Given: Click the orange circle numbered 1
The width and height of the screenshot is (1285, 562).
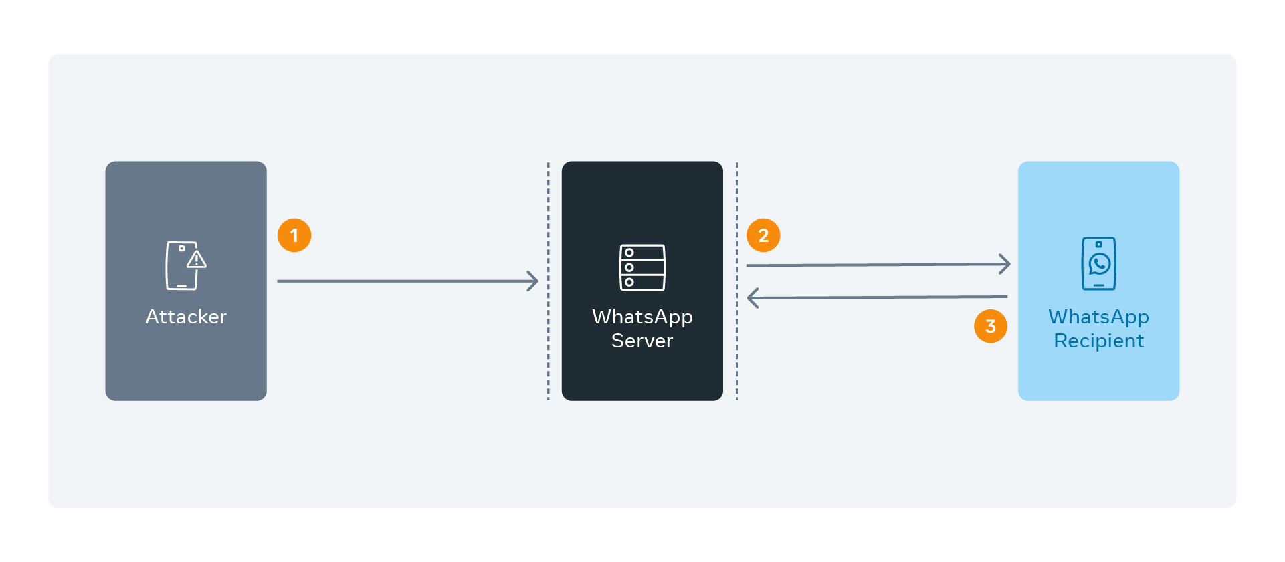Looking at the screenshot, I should (x=294, y=235).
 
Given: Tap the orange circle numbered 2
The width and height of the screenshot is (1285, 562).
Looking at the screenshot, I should (x=763, y=235).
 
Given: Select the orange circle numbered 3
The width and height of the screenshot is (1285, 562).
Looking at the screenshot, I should (x=991, y=326).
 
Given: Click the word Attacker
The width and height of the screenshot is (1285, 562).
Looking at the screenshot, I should (x=186, y=317).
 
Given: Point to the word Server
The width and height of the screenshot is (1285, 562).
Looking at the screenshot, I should (x=642, y=341).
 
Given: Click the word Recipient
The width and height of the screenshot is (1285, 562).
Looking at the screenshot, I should (x=1098, y=341).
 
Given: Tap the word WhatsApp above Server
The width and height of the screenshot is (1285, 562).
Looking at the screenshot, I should (x=642, y=317).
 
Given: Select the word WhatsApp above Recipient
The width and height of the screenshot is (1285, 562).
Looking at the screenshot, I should (x=1098, y=317).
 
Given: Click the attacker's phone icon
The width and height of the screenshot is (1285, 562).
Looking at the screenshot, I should (x=181, y=266).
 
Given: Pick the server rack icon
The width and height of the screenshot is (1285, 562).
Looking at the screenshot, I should (x=642, y=267).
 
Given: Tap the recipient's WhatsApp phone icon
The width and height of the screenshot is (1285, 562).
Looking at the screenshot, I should (x=1098, y=264).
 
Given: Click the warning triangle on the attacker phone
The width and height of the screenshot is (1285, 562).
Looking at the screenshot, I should (x=197, y=259).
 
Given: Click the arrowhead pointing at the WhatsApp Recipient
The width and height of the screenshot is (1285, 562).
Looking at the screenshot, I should (x=1005, y=264).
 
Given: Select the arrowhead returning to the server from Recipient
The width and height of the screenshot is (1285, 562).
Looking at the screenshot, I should (x=752, y=298).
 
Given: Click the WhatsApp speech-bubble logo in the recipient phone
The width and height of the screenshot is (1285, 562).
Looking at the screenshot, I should (x=1099, y=264).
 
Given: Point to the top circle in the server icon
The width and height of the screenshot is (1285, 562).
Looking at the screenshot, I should (x=629, y=253).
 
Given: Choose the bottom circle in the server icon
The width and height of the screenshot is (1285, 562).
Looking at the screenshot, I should (x=629, y=282).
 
